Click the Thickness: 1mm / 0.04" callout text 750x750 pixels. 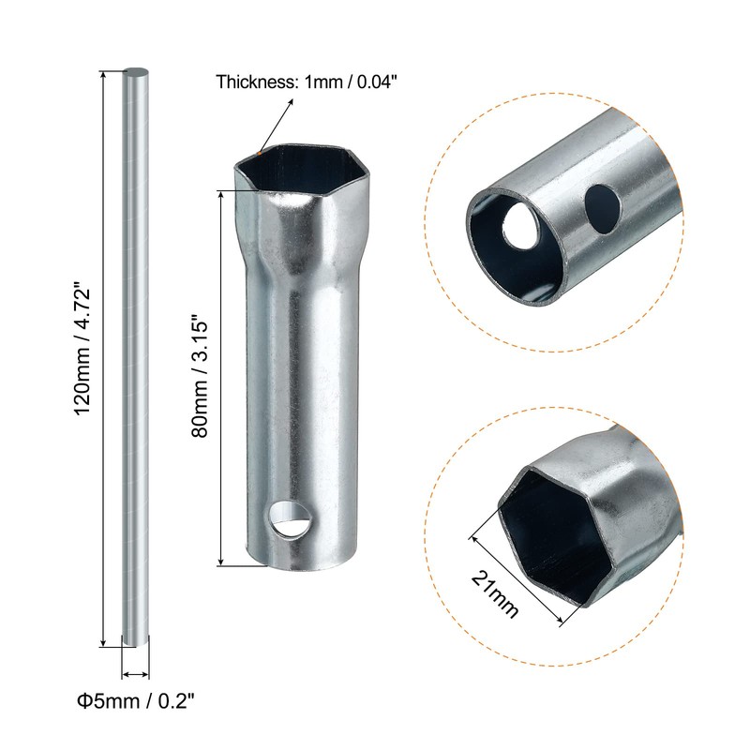pos(307,82)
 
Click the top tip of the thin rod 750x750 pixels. pos(136,72)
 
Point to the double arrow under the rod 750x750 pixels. pos(135,672)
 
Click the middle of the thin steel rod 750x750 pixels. pos(135,356)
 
